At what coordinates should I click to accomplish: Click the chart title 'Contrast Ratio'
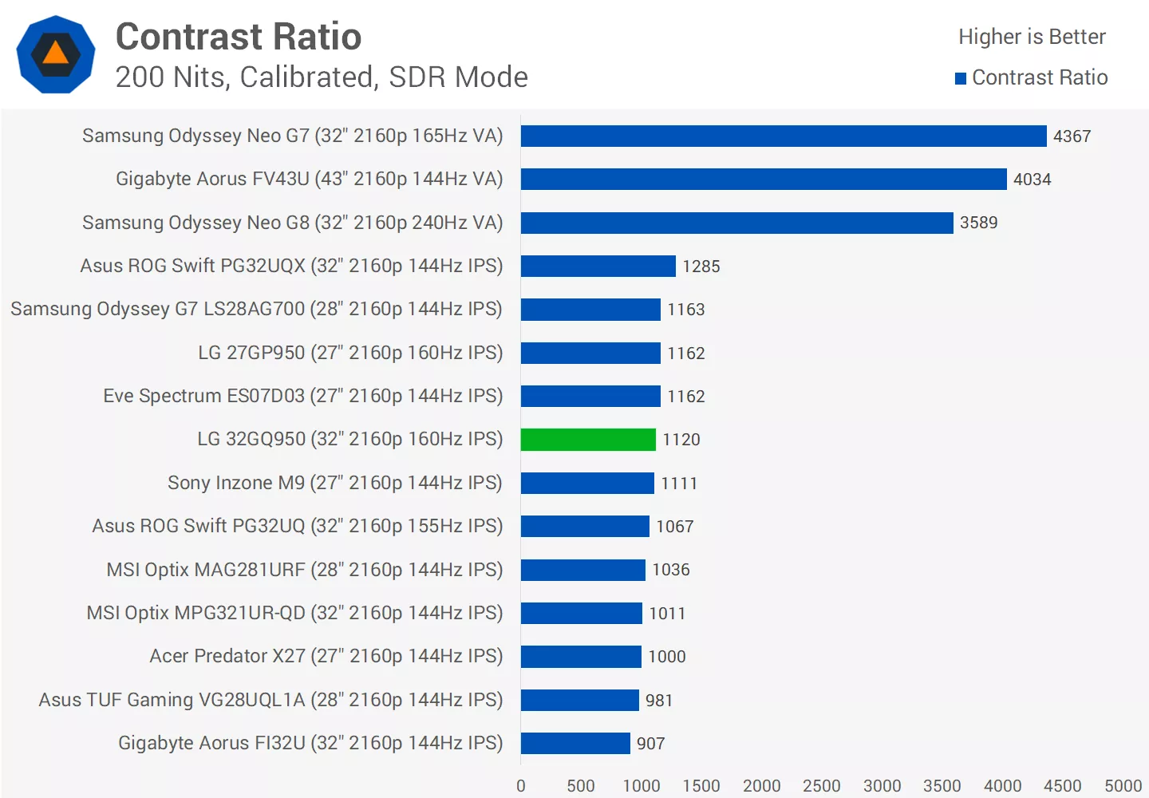click(x=239, y=37)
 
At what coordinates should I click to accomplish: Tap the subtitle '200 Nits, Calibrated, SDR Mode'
click(x=322, y=77)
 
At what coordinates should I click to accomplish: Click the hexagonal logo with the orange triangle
click(x=56, y=54)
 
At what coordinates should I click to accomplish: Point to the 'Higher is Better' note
click(x=1032, y=37)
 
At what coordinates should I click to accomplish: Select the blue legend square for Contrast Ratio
click(x=961, y=78)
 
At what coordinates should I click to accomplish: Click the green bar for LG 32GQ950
click(x=588, y=440)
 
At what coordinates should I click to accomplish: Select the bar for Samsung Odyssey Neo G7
click(x=784, y=136)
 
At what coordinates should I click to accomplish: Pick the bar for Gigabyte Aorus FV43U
click(x=764, y=180)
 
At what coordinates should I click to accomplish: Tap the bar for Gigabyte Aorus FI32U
click(x=575, y=744)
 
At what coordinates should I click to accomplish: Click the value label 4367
click(x=1072, y=136)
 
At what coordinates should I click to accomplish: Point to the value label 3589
click(x=978, y=223)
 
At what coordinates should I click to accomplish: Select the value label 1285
click(x=701, y=267)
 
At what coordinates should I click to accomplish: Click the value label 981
click(x=658, y=701)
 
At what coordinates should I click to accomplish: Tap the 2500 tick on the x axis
click(x=822, y=786)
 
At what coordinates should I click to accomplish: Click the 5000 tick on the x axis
click(x=1123, y=786)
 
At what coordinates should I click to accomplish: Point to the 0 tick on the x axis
click(x=521, y=786)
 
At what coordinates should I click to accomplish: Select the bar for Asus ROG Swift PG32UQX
click(x=598, y=267)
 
